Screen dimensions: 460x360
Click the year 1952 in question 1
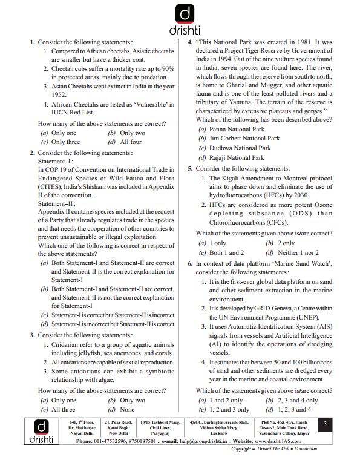(59, 95)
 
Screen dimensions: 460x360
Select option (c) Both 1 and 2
(221, 252)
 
